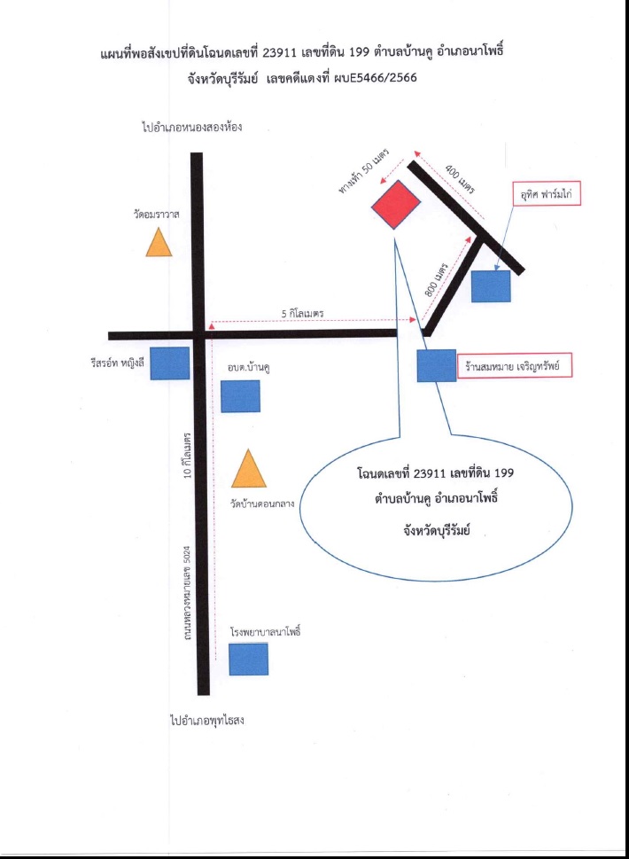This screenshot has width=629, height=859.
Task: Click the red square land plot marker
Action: click(396, 205)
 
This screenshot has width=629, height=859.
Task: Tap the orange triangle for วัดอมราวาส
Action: click(159, 243)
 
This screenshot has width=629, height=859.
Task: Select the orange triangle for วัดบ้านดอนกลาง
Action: click(249, 470)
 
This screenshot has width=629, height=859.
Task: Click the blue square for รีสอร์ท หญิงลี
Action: click(170, 363)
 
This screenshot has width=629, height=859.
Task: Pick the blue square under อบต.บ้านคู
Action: click(240, 395)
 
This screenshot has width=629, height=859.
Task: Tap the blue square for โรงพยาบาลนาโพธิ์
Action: click(249, 659)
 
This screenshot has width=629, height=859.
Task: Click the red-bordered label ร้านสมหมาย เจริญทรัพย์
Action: click(514, 366)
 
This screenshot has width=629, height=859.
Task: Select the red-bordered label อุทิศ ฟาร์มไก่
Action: click(546, 194)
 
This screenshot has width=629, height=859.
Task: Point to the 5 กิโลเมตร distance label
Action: click(302, 313)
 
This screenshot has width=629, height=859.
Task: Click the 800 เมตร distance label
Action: click(436, 280)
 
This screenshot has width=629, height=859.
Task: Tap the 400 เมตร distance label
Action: click(460, 178)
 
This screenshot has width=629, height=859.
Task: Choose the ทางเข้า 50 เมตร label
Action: click(363, 171)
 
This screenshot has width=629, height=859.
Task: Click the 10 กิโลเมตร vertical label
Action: click(187, 456)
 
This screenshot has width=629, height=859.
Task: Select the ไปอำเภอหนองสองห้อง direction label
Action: click(191, 127)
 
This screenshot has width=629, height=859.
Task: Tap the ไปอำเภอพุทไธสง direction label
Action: click(207, 720)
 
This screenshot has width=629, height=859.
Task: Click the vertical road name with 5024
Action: click(187, 593)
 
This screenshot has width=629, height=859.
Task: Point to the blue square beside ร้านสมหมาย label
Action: click(436, 365)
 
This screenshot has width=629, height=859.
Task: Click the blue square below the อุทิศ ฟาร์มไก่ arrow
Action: click(491, 286)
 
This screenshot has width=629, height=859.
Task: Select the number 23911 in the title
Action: click(280, 52)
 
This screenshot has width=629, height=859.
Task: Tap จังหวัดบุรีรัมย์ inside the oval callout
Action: click(436, 530)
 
